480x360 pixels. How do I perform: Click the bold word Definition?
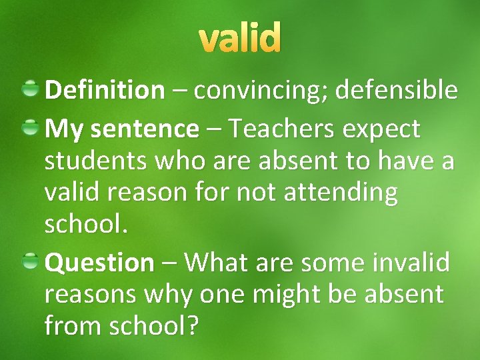click(x=104, y=89)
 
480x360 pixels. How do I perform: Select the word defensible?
click(x=396, y=89)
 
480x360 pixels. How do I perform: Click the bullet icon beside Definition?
click(x=30, y=88)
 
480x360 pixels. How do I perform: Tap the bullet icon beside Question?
click(x=30, y=261)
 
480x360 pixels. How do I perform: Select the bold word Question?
click(x=99, y=263)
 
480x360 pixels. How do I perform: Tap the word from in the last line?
click(x=69, y=326)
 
